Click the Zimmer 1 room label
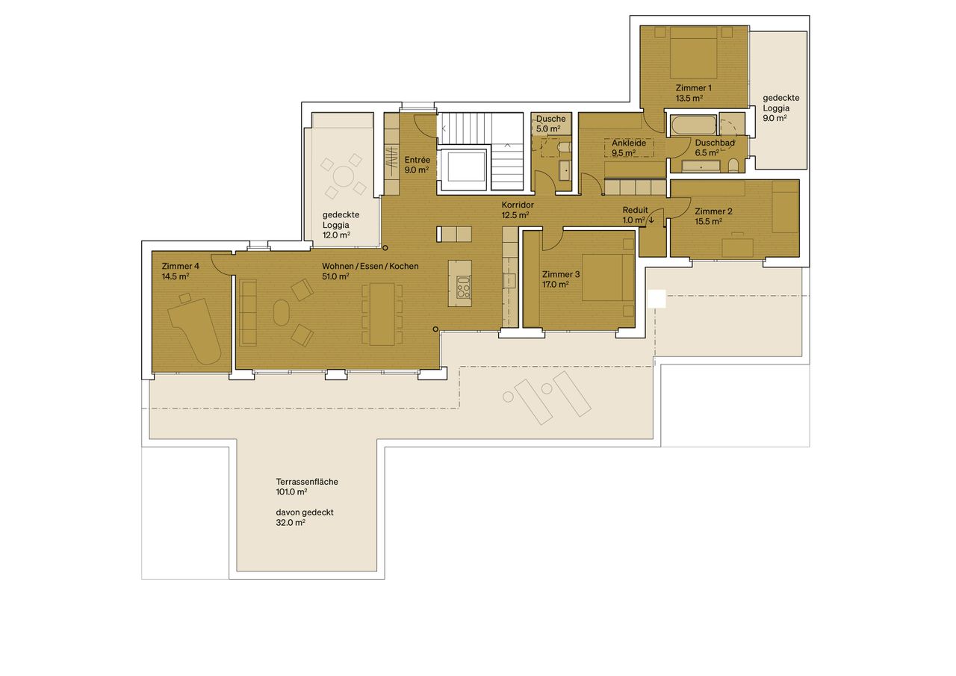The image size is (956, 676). (692, 87)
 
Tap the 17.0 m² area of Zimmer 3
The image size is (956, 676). (555, 285)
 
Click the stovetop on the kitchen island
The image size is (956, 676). (464, 287)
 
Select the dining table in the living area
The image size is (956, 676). (382, 314)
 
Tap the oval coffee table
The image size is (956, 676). (282, 313)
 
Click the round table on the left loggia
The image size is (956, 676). (344, 177)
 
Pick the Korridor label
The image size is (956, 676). (516, 205)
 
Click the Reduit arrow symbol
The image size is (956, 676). (651, 220)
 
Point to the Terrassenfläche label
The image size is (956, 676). (306, 482)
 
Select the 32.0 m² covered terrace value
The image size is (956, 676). (291, 523)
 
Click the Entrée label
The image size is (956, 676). (417, 160)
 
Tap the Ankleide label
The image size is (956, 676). (628, 143)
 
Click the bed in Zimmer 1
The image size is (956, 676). (693, 53)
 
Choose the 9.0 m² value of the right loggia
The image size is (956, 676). (775, 118)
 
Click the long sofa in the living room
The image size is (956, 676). (248, 313)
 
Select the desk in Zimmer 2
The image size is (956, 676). (738, 246)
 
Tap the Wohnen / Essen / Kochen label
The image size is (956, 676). (370, 267)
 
